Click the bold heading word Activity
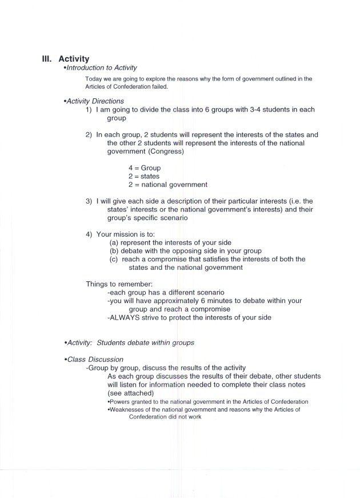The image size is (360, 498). pyautogui.click(x=74, y=58)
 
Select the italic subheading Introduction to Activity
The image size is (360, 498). pyautogui.click(x=103, y=68)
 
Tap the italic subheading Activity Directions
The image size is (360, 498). pyautogui.click(x=95, y=101)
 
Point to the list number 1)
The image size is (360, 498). pyautogui.click(x=90, y=110)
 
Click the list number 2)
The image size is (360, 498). pyautogui.click(x=90, y=135)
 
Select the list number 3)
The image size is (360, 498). pyautogui.click(x=90, y=201)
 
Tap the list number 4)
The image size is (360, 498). pyautogui.click(x=90, y=234)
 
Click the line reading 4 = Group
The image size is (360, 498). pyautogui.click(x=145, y=168)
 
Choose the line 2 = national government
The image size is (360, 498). pyautogui.click(x=167, y=185)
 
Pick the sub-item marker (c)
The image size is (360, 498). pyautogui.click(x=114, y=259)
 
